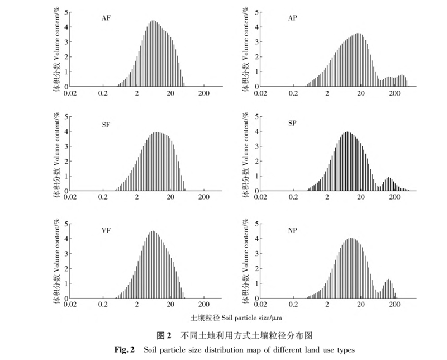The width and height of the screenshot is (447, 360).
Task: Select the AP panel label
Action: (292, 18)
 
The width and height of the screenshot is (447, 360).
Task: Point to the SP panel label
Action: (292, 124)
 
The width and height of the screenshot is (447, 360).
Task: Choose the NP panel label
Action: (292, 229)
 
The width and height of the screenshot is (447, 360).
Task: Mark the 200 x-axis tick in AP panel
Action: (395, 93)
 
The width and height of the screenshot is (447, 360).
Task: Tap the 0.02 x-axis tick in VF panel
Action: (70, 306)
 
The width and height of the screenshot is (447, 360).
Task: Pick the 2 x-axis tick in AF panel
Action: (137, 93)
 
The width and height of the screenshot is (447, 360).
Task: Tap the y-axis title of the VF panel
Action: (57, 260)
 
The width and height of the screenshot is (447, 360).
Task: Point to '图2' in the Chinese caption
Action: (163, 335)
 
